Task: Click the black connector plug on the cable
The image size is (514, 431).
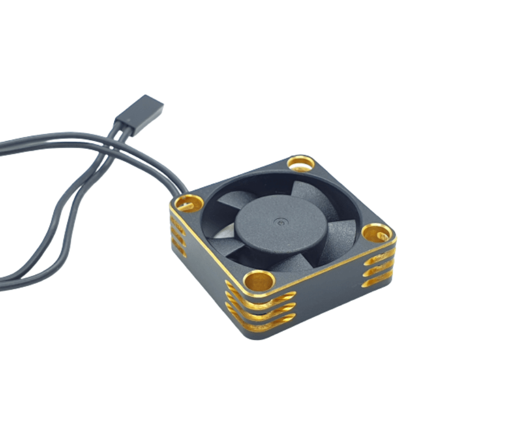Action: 139,109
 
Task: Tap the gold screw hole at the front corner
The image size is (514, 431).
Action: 259,281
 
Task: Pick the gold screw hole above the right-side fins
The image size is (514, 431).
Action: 377,233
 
